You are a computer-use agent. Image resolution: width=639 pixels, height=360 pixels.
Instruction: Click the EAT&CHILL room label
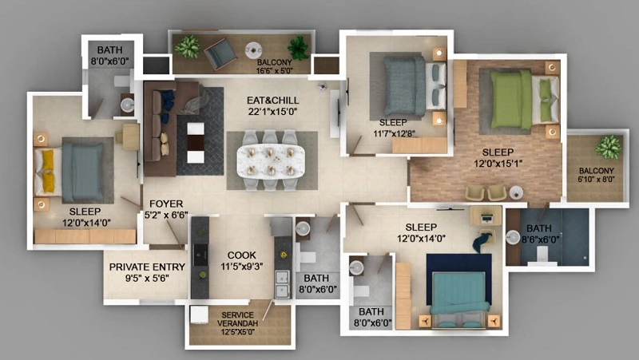272,101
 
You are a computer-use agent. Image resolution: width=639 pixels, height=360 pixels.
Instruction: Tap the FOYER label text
166,204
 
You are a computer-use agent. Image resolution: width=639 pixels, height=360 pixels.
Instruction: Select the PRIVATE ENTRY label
147,267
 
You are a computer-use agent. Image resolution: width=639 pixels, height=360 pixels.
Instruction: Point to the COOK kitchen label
242,255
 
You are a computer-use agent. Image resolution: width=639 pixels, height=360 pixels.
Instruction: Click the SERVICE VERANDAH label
237,318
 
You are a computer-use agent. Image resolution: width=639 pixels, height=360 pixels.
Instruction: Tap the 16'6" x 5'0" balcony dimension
275,71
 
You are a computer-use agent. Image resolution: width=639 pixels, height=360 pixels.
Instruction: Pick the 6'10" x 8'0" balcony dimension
596,179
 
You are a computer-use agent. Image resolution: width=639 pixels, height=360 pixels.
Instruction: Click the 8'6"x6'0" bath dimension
541,239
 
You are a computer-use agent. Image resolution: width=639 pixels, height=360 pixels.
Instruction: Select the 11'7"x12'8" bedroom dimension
394,133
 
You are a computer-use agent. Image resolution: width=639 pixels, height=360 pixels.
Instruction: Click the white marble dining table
271,161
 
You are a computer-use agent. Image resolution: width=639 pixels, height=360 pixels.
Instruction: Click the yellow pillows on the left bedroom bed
48,171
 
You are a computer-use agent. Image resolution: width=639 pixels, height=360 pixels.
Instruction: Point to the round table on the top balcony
253,50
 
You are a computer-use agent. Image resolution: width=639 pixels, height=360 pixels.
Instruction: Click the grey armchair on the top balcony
220,53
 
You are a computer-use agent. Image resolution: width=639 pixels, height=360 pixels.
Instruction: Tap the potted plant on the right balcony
608,147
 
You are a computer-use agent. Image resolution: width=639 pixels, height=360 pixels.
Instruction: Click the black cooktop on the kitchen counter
200,255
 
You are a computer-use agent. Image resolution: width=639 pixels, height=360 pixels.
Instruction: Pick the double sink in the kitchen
282,284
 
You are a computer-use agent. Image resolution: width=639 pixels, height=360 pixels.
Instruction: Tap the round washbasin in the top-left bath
128,105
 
